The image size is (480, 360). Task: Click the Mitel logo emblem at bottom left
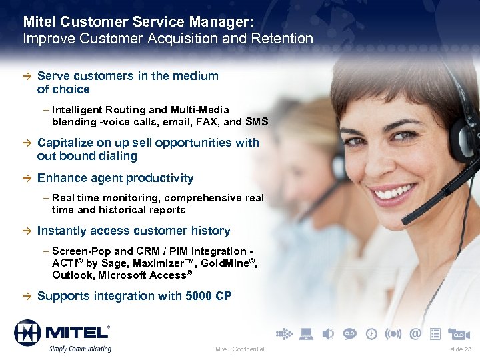tap(27, 332)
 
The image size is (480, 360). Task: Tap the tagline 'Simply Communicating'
tap(79, 349)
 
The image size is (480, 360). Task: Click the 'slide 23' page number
tap(460, 349)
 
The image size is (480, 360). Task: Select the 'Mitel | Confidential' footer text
tap(240, 349)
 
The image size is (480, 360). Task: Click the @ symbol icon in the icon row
tap(415, 333)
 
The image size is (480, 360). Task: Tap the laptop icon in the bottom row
tap(306, 333)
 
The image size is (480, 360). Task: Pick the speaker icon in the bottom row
tap(327, 333)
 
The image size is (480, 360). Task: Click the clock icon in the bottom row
tap(371, 333)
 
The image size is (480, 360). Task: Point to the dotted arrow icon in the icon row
tap(283, 333)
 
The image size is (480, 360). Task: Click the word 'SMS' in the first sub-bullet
tap(257, 121)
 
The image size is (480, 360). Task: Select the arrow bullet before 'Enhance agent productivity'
tap(27, 179)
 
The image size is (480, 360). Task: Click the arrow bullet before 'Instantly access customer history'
tap(27, 231)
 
